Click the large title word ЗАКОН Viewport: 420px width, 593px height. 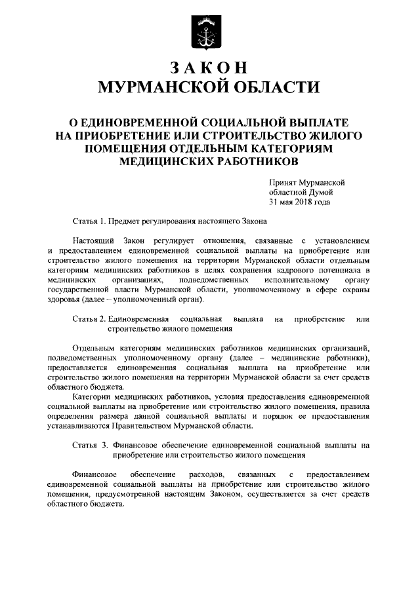click(209, 68)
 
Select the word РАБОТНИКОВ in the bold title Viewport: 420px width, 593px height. click(253, 160)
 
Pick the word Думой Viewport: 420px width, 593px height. click(320, 192)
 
